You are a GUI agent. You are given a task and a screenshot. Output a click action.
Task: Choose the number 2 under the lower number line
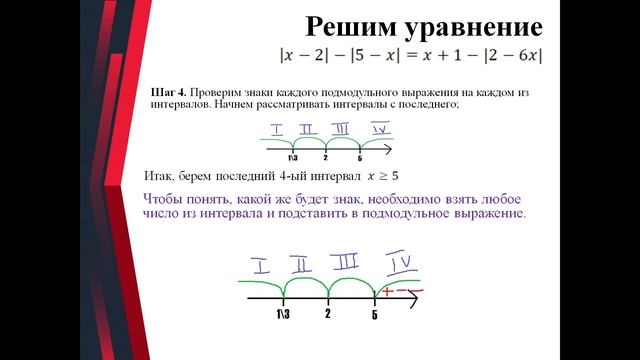328,314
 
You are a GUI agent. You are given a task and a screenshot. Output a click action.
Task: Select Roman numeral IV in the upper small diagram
379,129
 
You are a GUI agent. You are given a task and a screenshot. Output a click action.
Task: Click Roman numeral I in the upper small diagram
276,130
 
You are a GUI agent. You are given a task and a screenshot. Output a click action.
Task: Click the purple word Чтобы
166,199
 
